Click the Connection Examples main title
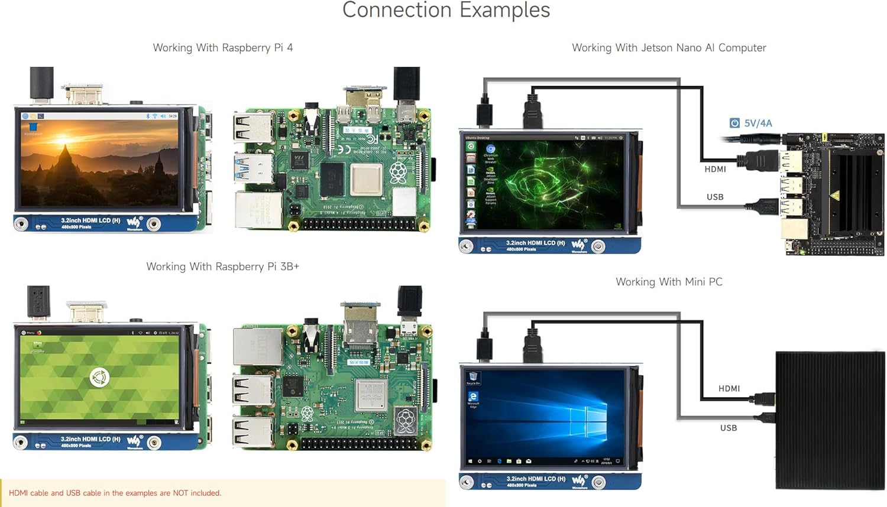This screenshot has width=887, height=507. pyautogui.click(x=446, y=10)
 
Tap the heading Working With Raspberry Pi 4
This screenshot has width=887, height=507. pyautogui.click(x=223, y=48)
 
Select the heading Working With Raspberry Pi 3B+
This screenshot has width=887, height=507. pyautogui.click(x=223, y=266)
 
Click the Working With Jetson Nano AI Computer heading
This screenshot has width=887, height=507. pyautogui.click(x=669, y=48)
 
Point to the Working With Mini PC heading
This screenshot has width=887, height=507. pyautogui.click(x=669, y=282)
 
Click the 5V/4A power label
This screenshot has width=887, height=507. pyautogui.click(x=757, y=123)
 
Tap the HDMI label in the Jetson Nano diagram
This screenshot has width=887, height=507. pyautogui.click(x=715, y=169)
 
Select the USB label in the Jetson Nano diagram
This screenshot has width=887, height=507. pyautogui.click(x=715, y=197)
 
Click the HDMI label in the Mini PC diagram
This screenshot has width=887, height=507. pyautogui.click(x=729, y=388)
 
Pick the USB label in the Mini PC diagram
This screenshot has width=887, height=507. pyautogui.click(x=729, y=428)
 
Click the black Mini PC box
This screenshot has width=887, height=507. pyautogui.click(x=830, y=420)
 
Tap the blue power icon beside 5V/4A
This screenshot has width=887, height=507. pyautogui.click(x=734, y=123)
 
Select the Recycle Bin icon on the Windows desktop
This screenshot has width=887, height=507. pyautogui.click(x=473, y=378)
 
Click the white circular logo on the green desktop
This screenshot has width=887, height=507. pyautogui.click(x=99, y=377)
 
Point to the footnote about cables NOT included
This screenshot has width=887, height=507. pyautogui.click(x=115, y=493)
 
